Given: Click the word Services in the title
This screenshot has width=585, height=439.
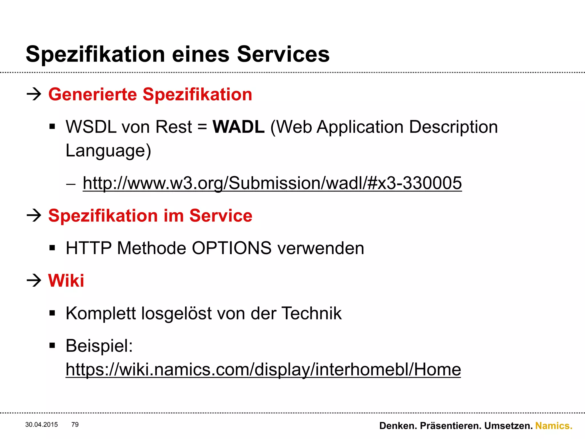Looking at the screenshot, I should click(x=283, y=54).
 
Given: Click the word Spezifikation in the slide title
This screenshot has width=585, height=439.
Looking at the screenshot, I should click(x=95, y=54).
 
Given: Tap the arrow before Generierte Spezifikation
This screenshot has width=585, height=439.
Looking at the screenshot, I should click(x=34, y=94).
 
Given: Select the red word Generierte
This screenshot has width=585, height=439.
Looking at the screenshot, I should click(x=93, y=94).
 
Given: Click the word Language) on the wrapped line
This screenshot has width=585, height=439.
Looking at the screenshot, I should click(x=108, y=151).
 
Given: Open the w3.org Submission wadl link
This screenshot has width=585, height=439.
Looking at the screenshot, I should click(x=272, y=183).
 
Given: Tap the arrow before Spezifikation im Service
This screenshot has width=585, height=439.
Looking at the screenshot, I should click(x=34, y=215).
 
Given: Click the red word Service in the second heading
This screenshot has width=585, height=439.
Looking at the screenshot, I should click(x=221, y=215).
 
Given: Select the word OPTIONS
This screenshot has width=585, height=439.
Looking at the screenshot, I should click(x=231, y=248).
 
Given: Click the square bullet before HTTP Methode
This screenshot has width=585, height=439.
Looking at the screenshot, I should click(x=52, y=248).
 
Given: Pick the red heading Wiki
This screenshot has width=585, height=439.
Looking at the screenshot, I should click(x=66, y=280).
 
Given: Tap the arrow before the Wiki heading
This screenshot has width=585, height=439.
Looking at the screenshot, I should click(x=34, y=280).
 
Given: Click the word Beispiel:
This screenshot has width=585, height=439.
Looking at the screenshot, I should click(x=99, y=346).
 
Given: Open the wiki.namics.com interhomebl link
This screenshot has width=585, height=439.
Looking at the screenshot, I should click(x=263, y=370).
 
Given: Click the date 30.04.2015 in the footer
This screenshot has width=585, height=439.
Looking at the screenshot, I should click(x=41, y=425).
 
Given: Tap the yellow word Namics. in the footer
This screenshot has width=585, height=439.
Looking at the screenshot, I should click(x=554, y=426).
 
